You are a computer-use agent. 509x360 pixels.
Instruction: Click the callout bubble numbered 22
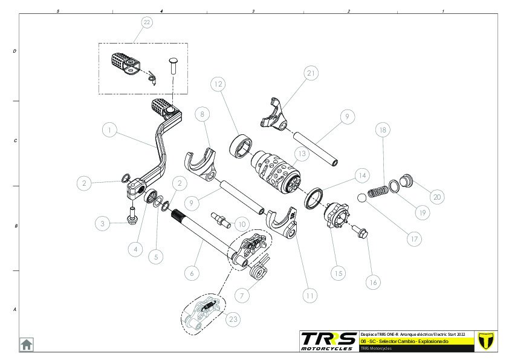[146, 22]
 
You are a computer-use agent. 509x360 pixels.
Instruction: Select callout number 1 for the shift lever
[109, 129]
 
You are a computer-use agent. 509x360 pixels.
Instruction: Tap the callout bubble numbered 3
[103, 223]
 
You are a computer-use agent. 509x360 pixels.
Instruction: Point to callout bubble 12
[218, 84]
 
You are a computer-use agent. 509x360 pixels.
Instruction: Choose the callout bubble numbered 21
[311, 74]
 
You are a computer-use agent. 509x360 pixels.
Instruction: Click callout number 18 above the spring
[381, 130]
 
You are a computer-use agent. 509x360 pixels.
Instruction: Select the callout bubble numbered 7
[241, 296]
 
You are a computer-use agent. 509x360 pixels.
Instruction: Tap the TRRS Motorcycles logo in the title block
[328, 341]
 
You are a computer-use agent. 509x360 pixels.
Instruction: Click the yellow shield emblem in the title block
[485, 340]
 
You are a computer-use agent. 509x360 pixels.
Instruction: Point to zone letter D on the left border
[15, 51]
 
